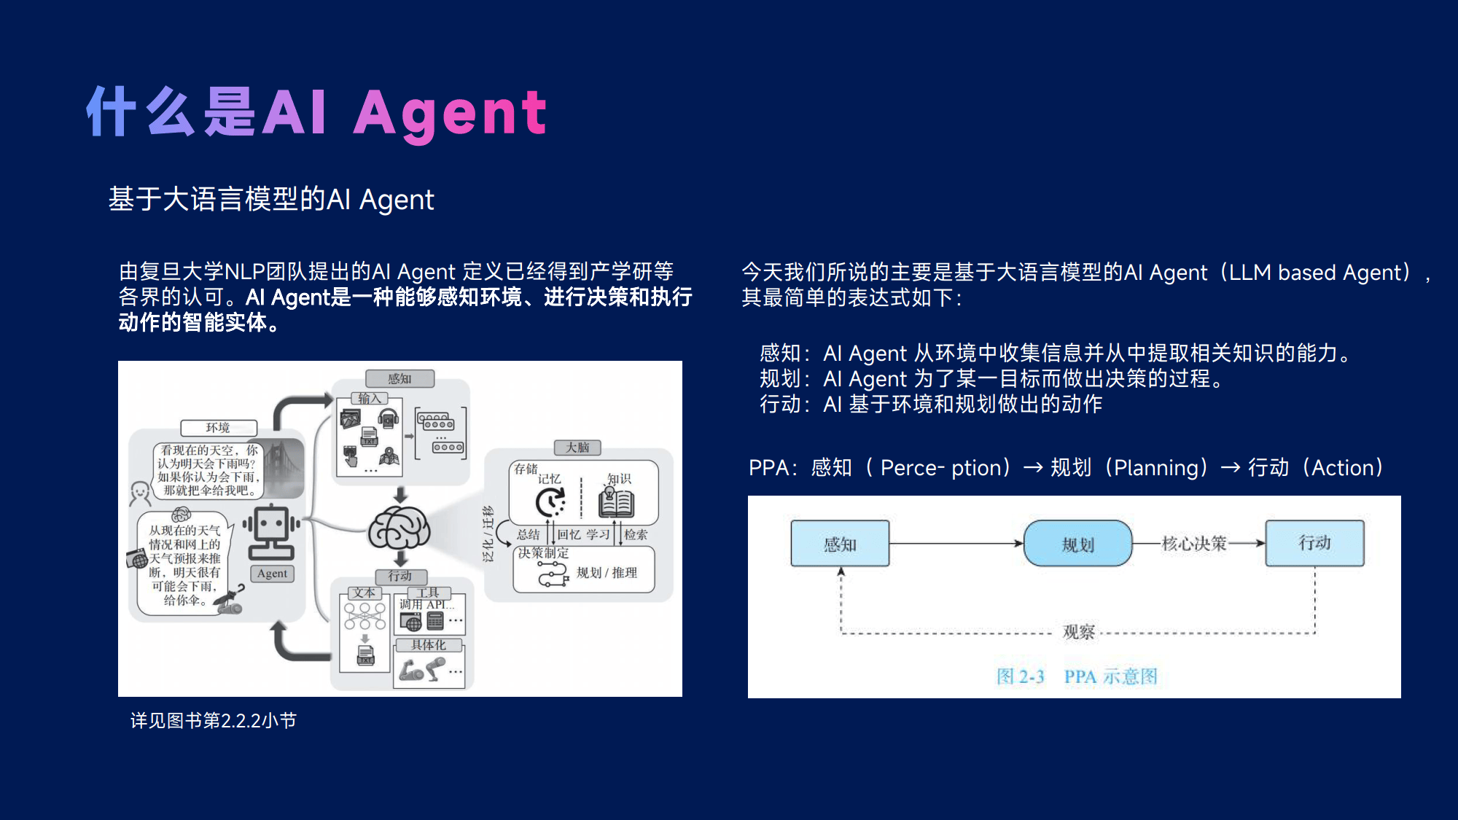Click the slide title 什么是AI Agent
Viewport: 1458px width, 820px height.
point(316,112)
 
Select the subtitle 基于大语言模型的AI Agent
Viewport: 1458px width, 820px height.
point(271,199)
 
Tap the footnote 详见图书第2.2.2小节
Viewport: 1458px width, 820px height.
point(214,721)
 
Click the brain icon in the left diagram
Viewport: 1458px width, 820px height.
point(399,529)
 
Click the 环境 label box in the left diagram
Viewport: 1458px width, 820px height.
point(219,428)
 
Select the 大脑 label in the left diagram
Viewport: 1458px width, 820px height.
point(577,448)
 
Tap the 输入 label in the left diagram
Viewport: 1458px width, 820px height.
point(370,398)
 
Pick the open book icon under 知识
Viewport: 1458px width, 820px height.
point(616,502)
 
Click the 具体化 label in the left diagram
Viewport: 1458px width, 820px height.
point(429,645)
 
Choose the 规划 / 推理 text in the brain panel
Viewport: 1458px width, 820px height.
point(607,573)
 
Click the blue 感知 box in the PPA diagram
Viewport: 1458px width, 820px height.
point(840,544)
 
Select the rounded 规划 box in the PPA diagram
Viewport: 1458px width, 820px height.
point(1077,544)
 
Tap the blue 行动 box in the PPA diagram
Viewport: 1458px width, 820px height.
point(1314,543)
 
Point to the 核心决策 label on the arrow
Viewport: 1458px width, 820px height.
point(1194,543)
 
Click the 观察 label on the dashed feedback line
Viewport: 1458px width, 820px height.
point(1079,632)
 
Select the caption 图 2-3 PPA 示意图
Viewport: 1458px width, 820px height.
point(1077,676)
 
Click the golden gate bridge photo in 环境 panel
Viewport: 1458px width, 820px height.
point(284,466)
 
